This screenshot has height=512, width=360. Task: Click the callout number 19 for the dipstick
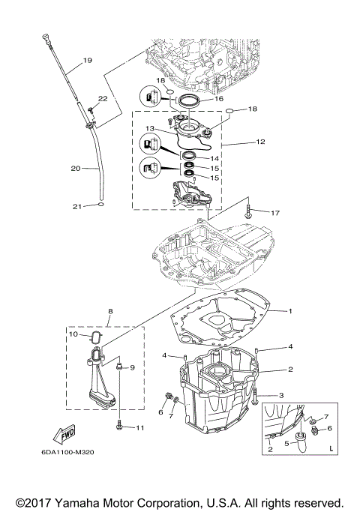click(x=87, y=60)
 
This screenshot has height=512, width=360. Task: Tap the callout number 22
click(x=102, y=99)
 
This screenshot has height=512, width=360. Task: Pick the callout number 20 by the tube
click(x=76, y=169)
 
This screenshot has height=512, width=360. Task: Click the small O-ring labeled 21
click(x=100, y=203)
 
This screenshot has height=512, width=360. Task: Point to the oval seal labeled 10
click(x=95, y=337)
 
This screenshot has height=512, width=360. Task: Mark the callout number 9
click(x=132, y=368)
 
